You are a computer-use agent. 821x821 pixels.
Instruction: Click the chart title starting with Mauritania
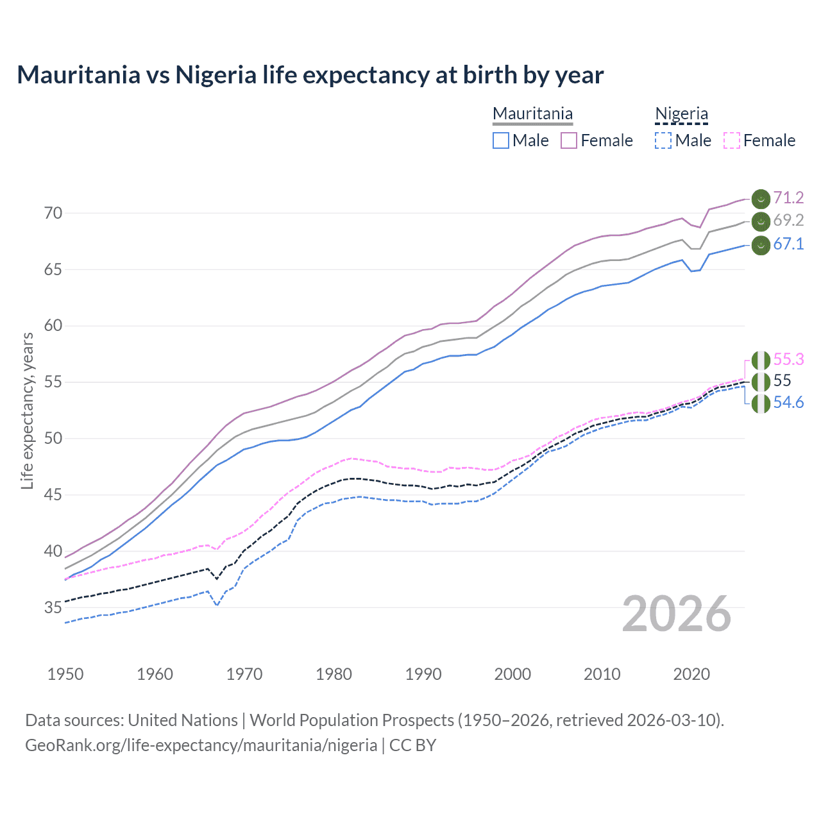(x=310, y=75)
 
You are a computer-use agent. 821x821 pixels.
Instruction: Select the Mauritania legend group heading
(x=532, y=114)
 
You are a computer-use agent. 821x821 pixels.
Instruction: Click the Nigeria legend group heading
(x=681, y=114)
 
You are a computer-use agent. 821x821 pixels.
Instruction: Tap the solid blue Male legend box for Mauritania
(x=501, y=140)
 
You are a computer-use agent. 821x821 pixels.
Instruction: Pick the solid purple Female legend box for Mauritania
(x=569, y=140)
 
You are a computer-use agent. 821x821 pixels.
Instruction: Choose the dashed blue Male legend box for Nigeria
(x=663, y=140)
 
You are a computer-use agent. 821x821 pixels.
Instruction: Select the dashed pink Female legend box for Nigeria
(x=732, y=140)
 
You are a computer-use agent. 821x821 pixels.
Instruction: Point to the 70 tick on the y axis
(x=53, y=213)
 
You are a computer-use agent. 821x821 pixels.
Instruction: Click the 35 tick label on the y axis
(x=53, y=607)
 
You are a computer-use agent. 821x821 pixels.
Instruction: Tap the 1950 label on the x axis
(x=65, y=674)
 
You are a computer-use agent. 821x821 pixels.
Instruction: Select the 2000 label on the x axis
(x=512, y=674)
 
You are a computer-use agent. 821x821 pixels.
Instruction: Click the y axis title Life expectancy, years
(x=27, y=410)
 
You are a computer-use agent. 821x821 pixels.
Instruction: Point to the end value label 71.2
(x=788, y=198)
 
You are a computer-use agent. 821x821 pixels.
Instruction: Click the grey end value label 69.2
(x=788, y=221)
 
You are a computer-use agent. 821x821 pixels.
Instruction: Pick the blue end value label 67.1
(x=788, y=244)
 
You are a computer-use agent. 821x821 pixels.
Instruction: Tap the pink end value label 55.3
(x=788, y=359)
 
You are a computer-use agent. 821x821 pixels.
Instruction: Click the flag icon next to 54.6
(x=761, y=404)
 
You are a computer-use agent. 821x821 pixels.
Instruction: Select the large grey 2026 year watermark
(x=677, y=614)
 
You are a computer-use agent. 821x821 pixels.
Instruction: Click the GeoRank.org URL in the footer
(x=201, y=745)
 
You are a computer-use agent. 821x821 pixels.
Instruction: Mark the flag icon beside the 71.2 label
(x=761, y=199)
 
